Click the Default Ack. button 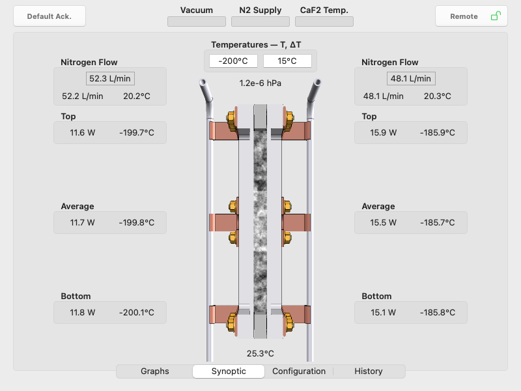(49, 16)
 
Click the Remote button (471, 16)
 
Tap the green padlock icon (496, 16)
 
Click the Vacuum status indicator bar (197, 22)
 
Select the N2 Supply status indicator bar (260, 22)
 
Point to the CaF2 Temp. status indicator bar (324, 22)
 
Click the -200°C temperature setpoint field (233, 61)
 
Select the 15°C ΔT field (287, 61)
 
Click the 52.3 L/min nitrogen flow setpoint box (110, 79)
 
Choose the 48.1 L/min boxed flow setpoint (411, 79)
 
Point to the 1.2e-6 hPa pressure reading (260, 83)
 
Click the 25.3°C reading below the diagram (260, 353)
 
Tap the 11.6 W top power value (83, 133)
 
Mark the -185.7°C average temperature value (437, 223)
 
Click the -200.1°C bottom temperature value (137, 313)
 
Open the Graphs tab (155, 371)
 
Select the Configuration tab (299, 371)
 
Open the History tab (369, 371)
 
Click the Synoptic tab (229, 371)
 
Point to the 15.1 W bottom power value (383, 313)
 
